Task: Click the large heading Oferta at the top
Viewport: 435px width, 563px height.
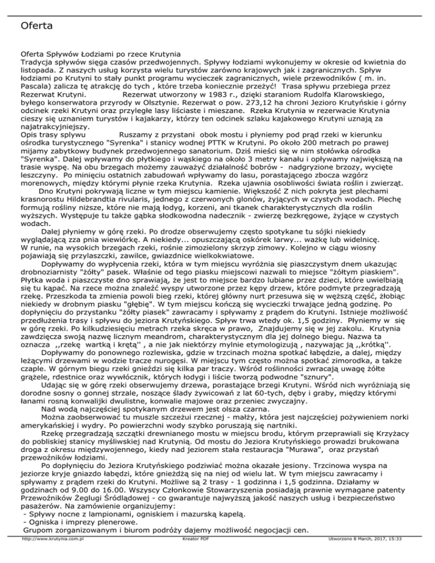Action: tap(36, 25)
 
